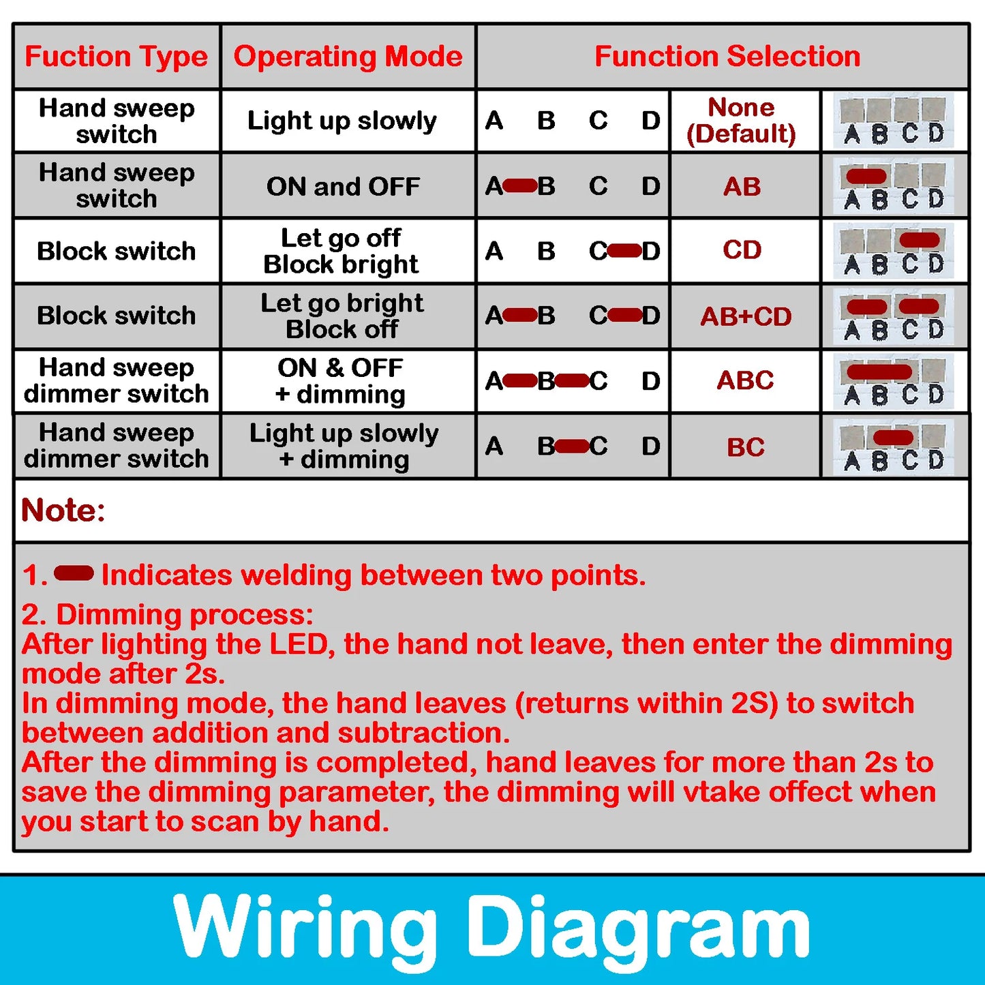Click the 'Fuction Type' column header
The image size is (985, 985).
pyautogui.click(x=117, y=57)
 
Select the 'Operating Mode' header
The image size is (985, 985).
pyautogui.click(x=348, y=57)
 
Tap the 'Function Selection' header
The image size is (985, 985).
pyautogui.click(x=727, y=57)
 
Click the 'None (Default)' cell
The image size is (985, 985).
pyautogui.click(x=742, y=121)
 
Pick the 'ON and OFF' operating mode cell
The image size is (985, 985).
pyautogui.click(x=343, y=186)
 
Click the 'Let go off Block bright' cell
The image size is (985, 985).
pyautogui.click(x=341, y=251)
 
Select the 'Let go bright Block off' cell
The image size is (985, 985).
pyautogui.click(x=342, y=316)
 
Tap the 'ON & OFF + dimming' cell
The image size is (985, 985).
pyautogui.click(x=341, y=381)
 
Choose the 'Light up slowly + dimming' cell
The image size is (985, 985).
pyautogui.click(x=344, y=446)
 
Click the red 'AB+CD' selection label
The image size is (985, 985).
pyautogui.click(x=746, y=316)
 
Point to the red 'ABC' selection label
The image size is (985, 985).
pyautogui.click(x=745, y=380)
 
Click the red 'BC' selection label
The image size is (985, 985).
pyautogui.click(x=745, y=447)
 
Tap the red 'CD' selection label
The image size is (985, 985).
pyautogui.click(x=742, y=250)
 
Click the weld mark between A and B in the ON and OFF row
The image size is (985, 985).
pyautogui.click(x=520, y=185)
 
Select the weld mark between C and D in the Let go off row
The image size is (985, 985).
pyautogui.click(x=624, y=251)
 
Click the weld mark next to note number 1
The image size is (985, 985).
pyautogui.click(x=74, y=574)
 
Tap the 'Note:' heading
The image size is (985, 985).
pyautogui.click(x=63, y=510)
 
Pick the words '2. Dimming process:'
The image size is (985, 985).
pyautogui.click(x=168, y=614)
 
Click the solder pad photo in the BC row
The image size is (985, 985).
pyautogui.click(x=893, y=447)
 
